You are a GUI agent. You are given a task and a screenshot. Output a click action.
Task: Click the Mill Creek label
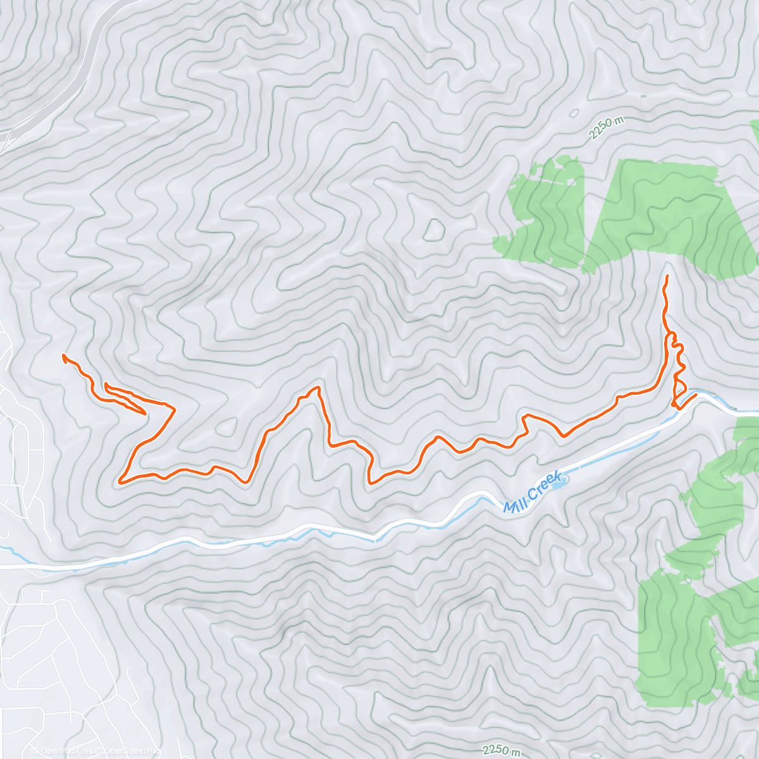coord(532,493)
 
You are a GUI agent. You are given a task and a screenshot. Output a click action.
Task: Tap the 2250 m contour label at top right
coord(605,129)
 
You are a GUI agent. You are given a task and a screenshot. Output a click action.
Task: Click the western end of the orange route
coord(63,355)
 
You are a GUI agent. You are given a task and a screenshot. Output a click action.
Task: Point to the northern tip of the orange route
coord(667,276)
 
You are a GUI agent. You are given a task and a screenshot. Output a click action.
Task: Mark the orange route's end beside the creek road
coord(696,395)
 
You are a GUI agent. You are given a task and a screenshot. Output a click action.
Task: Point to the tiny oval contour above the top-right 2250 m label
coord(574,114)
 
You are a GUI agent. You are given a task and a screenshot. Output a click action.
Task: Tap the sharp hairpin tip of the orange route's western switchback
coord(145,414)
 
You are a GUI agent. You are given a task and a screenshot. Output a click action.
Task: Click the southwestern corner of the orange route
coord(120,482)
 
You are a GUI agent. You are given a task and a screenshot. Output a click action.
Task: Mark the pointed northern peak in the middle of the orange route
coord(318,387)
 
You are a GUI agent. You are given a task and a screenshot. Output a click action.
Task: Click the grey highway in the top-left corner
coord(89,51)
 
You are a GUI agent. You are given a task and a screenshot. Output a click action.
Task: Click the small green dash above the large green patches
coord(643,96)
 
